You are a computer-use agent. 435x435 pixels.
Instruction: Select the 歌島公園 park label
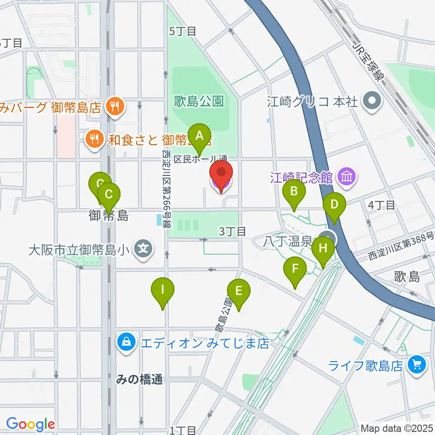point(199,101)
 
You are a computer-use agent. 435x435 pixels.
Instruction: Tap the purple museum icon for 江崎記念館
point(348,176)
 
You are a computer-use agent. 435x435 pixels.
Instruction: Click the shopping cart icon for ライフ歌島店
point(416,363)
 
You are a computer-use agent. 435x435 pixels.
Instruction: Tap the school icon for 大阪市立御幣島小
point(144,249)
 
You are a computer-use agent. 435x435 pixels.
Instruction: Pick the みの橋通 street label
point(139,380)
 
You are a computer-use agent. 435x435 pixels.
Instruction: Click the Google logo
point(30,425)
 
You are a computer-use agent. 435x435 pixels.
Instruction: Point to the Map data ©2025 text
point(396,428)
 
